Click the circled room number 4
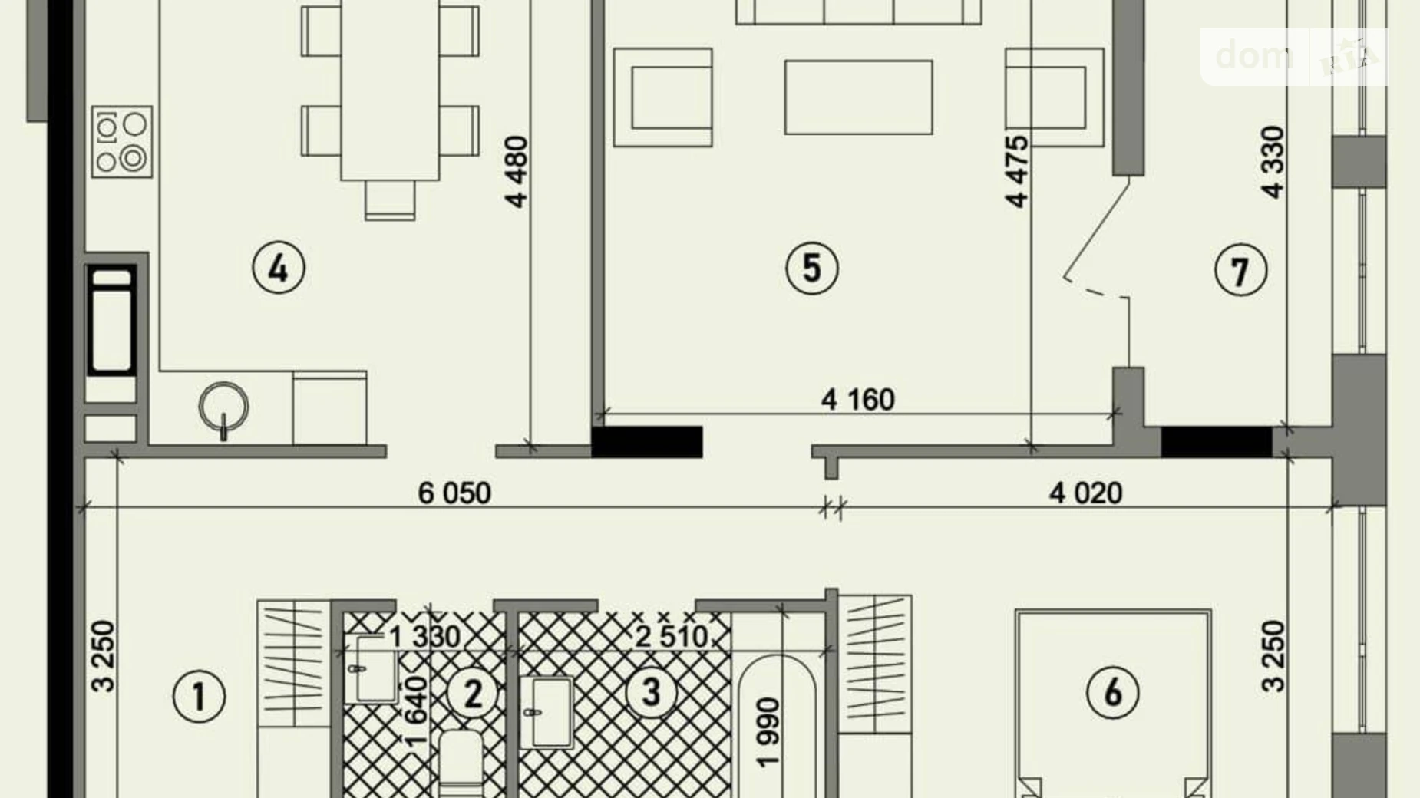point(279,269)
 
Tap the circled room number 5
point(812,268)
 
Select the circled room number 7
point(1240,270)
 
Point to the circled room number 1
point(199,697)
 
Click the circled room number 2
point(473,693)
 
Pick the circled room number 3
point(651,692)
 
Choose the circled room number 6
point(1113,692)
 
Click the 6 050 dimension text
point(454,493)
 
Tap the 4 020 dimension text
point(1086,493)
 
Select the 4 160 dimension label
point(858,400)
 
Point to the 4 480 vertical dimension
point(517,172)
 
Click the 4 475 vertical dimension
point(1017,172)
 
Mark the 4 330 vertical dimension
point(1273,163)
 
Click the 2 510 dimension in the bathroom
point(672,636)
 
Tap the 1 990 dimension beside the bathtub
point(768,732)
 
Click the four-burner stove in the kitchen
point(122,142)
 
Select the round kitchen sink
point(223,407)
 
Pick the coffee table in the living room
point(858,97)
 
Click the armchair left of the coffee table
point(663,97)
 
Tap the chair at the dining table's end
point(390,199)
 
